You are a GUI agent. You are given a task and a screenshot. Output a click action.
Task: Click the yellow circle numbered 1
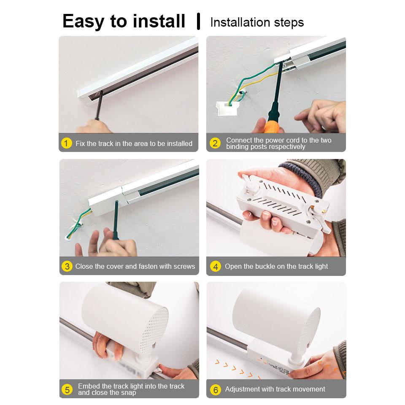(66, 143)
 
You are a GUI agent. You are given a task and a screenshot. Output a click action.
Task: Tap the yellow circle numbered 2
(215, 143)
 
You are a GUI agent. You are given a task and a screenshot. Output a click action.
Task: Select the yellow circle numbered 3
(66, 266)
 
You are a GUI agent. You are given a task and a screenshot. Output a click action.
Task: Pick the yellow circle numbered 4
(215, 266)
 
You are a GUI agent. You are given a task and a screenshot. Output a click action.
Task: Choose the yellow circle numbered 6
(215, 389)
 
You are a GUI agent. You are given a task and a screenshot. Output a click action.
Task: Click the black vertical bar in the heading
(198, 22)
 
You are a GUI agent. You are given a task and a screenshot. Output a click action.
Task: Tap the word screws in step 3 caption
(184, 266)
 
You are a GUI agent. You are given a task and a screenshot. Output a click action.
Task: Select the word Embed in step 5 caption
(89, 386)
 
